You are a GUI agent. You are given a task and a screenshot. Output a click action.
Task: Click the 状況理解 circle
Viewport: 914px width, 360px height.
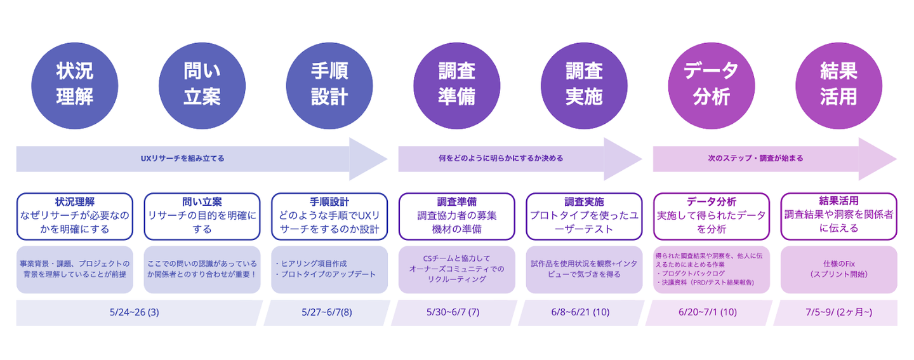click(75, 86)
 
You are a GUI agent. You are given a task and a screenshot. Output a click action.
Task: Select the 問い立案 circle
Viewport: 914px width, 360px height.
click(202, 86)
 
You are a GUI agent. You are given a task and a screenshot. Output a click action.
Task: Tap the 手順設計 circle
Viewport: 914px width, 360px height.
click(329, 86)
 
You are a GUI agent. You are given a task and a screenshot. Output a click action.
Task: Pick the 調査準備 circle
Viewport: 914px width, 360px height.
click(456, 86)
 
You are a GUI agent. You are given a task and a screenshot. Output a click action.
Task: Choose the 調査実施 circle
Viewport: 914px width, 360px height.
click(584, 86)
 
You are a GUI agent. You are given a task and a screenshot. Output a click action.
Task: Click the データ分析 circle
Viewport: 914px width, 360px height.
click(711, 86)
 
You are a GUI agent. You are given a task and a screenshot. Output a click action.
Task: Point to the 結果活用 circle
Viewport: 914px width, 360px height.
click(838, 86)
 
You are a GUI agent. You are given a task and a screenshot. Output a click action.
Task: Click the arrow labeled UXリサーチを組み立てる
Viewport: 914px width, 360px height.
click(202, 159)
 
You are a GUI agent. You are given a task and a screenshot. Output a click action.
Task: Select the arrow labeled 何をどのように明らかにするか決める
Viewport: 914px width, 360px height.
click(520, 159)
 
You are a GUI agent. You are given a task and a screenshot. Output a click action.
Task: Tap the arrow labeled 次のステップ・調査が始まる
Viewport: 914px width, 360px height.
click(775, 159)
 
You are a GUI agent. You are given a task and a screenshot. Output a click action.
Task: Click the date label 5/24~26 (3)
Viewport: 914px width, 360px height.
click(135, 312)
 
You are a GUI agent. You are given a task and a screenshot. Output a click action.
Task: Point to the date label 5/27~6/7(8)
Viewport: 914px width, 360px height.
click(327, 312)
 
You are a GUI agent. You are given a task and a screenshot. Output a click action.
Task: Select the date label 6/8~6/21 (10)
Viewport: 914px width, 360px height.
click(580, 312)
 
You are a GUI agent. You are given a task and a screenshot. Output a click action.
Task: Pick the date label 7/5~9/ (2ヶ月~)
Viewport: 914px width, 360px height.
click(839, 312)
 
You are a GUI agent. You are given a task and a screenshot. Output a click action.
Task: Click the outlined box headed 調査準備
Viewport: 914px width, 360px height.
click(456, 217)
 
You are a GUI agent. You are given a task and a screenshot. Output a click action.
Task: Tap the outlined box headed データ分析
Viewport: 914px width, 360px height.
click(711, 217)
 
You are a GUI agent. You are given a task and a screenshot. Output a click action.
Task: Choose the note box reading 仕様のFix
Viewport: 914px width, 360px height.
click(838, 269)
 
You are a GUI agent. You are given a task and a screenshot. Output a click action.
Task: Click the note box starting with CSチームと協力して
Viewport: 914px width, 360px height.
click(456, 269)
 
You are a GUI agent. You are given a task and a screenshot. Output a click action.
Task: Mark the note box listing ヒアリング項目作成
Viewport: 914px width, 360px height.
click(329, 269)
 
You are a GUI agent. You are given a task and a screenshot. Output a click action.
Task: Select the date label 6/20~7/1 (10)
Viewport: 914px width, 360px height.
click(708, 312)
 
